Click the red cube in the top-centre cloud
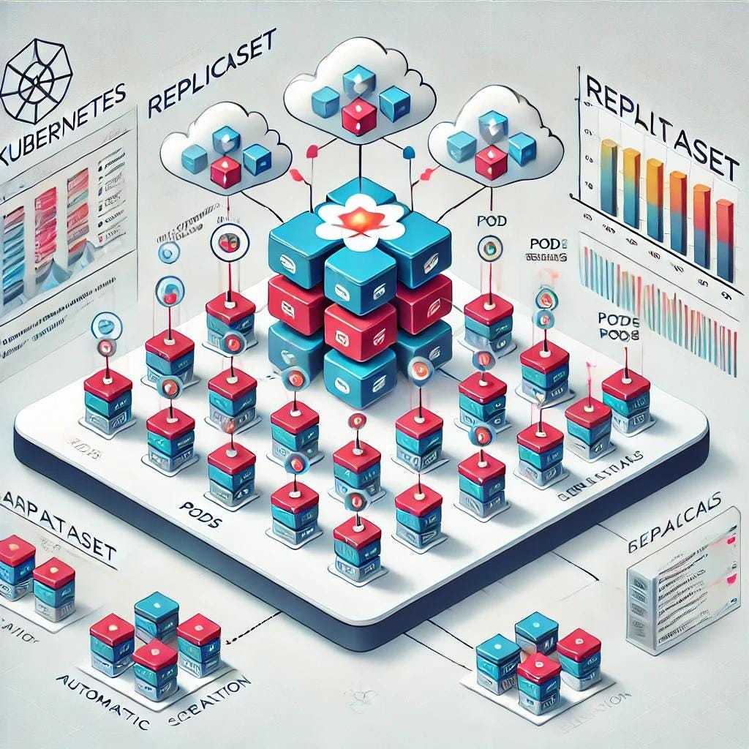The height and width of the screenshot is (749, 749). pyautogui.click(x=358, y=116)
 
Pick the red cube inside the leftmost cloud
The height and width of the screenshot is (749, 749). pyautogui.click(x=225, y=172)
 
